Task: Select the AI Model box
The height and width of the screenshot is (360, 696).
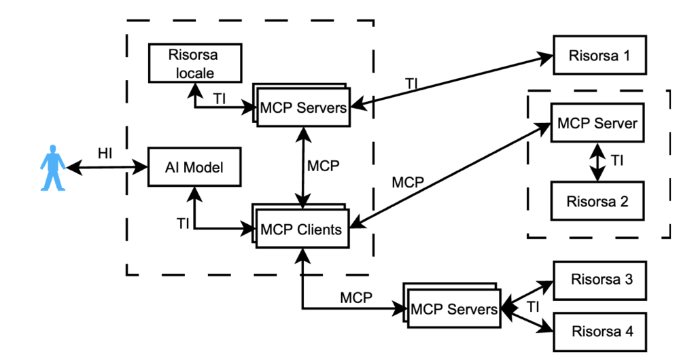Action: coord(194,167)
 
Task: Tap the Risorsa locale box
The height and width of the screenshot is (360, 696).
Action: coord(194,63)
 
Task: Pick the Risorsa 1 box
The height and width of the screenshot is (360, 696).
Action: coord(598,55)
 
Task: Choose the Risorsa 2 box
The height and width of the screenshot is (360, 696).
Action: coord(597,201)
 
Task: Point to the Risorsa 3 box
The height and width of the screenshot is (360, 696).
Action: coord(598,279)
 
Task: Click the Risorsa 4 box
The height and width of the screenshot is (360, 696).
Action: coord(598,331)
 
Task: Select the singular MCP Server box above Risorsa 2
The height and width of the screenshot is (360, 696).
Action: coord(597,123)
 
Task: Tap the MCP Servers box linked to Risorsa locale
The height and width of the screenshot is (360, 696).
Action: coord(304,107)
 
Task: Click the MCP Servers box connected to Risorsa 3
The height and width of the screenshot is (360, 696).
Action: coord(454,310)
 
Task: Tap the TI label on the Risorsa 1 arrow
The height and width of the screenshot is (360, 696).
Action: coord(412,84)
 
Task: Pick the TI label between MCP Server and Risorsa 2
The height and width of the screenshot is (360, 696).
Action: coord(616,161)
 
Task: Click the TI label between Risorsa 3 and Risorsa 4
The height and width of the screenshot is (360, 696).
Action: coord(533,307)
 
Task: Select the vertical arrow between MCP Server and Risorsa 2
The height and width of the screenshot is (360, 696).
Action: coord(597,162)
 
